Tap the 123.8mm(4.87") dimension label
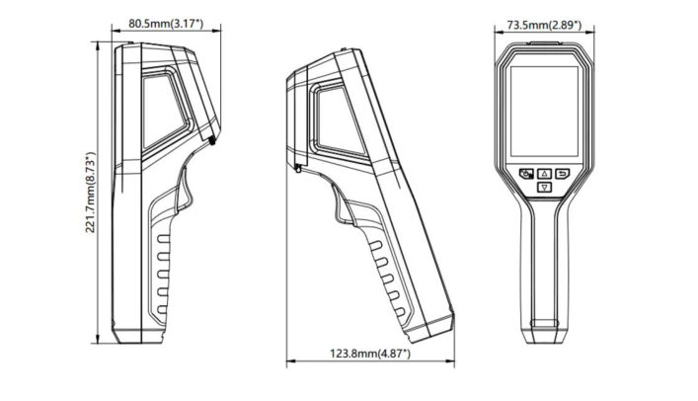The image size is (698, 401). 370,353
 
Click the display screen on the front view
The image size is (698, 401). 542,109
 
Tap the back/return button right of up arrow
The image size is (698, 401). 562,173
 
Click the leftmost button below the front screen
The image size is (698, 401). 524,173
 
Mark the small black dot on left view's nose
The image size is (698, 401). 214,143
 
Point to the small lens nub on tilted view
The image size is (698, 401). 297,171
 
